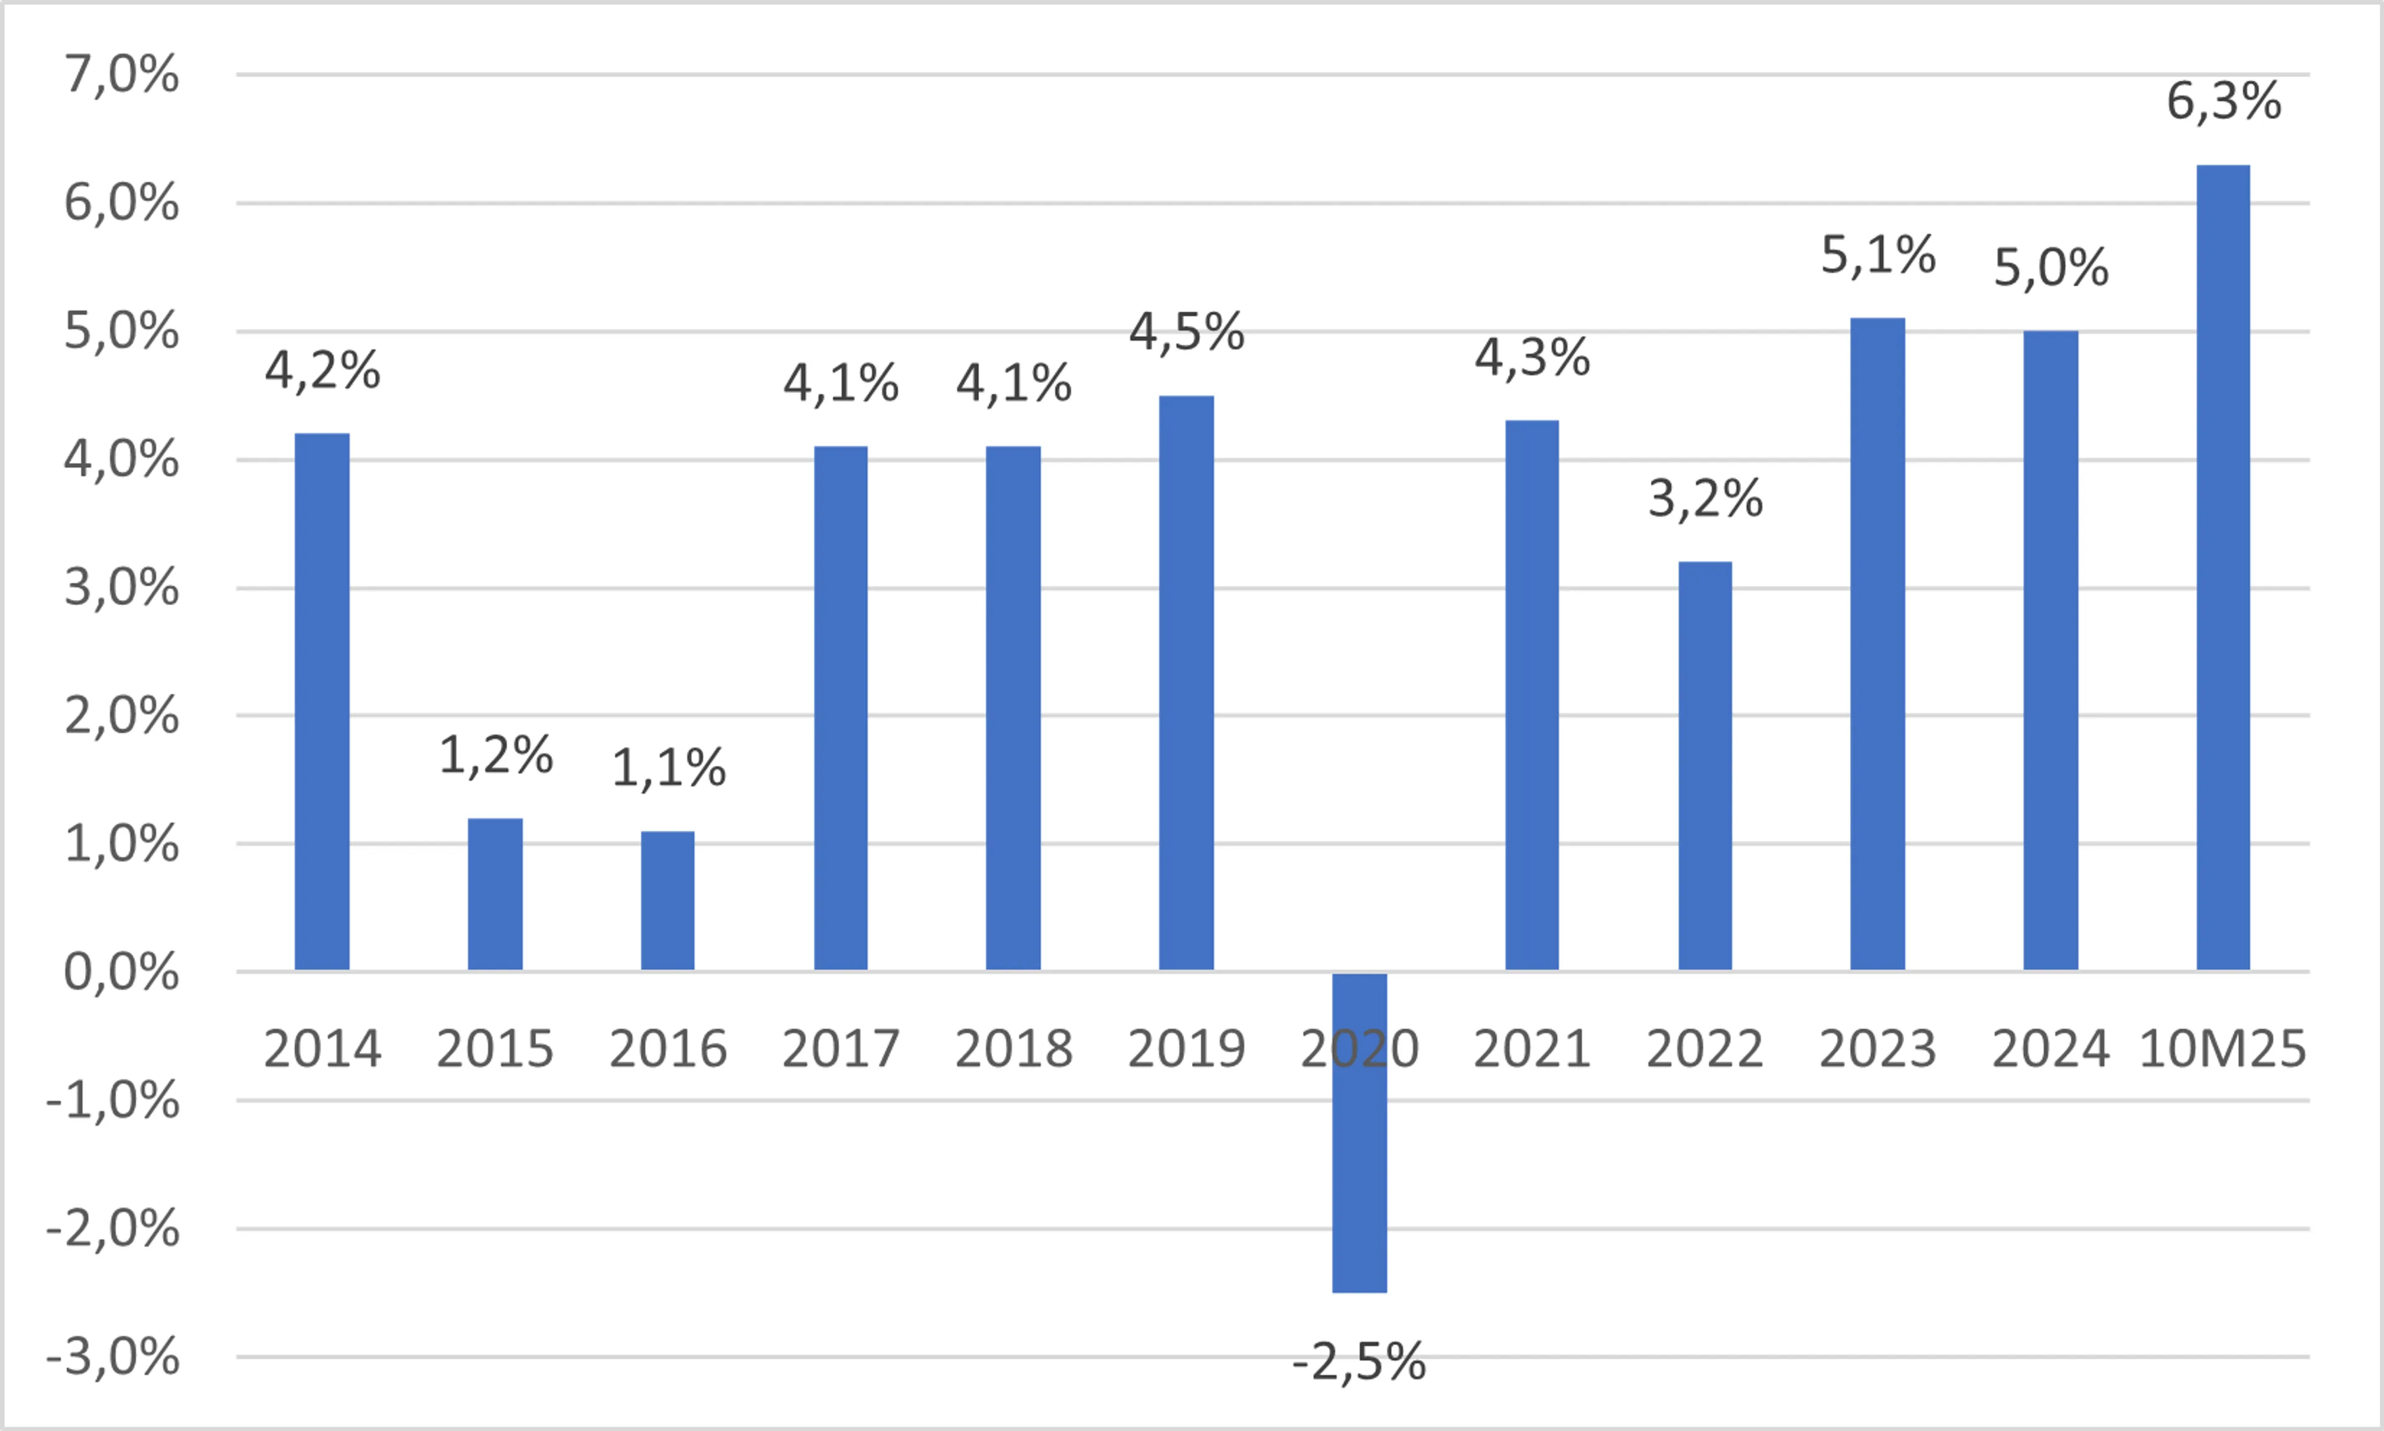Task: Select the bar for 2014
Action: (x=322, y=701)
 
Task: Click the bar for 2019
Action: (x=1186, y=682)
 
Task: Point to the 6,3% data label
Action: (x=2224, y=101)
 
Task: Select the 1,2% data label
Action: (x=495, y=755)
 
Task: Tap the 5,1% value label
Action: (x=1877, y=256)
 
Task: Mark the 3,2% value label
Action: (x=1705, y=500)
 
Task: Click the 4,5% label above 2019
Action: (x=1186, y=333)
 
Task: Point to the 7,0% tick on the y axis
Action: (x=122, y=74)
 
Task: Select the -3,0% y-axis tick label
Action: (x=113, y=1357)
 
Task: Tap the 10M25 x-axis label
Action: (x=2222, y=1049)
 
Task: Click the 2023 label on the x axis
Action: (x=1877, y=1049)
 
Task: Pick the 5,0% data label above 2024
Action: (x=2051, y=268)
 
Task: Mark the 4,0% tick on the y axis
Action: (x=122, y=459)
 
